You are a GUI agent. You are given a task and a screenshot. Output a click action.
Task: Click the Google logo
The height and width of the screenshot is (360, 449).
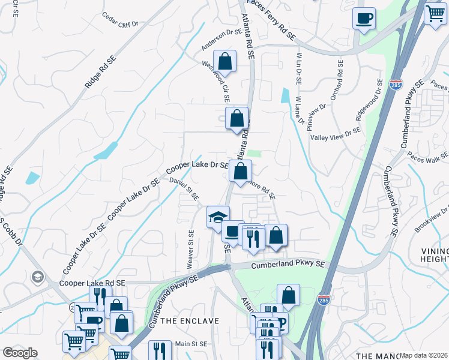coord(20,353)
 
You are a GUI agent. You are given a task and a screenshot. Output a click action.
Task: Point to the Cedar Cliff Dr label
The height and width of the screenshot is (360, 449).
coord(120,19)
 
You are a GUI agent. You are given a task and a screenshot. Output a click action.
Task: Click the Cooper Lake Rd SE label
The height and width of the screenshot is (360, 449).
coord(92,282)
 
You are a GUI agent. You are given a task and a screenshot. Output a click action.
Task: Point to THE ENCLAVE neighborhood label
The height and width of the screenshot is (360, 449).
coord(190,321)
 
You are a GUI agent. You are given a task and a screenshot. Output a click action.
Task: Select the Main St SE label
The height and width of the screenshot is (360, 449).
coord(190,344)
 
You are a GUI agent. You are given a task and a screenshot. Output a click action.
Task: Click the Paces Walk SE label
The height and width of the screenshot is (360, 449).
coord(427,155)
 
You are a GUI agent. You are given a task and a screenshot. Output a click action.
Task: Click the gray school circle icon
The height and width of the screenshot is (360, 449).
coord(37,277)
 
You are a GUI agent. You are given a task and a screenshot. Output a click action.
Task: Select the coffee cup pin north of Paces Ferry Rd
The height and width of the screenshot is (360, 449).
coord(363,18)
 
